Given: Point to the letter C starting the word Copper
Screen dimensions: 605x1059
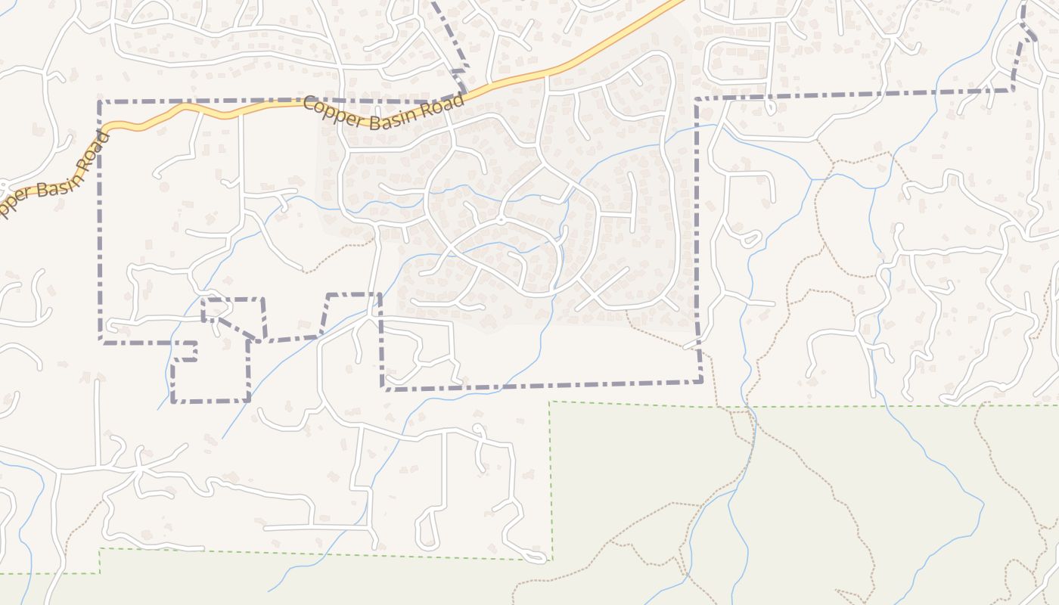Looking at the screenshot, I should click(309, 104).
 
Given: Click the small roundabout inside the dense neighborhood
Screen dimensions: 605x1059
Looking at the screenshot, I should click(500, 220).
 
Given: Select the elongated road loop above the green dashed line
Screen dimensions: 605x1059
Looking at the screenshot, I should click(427, 529).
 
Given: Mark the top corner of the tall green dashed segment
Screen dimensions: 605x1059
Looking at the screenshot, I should click(551, 402).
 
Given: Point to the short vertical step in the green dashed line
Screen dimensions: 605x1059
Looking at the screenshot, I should click(100, 560).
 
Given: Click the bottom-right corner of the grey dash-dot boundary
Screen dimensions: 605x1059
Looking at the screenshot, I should click(701, 380).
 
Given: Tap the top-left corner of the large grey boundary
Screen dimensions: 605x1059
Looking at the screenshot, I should click(100, 101).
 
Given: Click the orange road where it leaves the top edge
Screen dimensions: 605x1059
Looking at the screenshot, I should click(677, 2).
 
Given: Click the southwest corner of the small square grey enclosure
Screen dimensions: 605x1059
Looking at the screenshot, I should click(173, 401).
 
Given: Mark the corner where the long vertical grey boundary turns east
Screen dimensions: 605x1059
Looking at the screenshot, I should click(696, 99).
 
